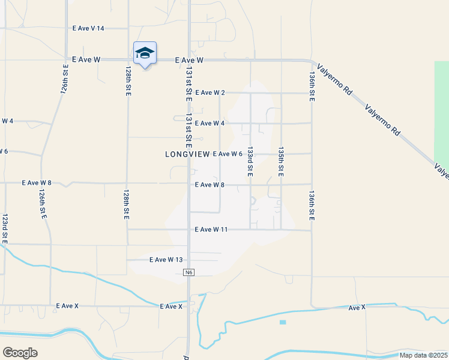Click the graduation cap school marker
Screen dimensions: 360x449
(x=145, y=53)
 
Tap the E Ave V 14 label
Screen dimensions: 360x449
(x=88, y=28)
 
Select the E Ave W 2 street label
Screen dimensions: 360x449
(x=210, y=92)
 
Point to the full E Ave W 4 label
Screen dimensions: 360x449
(x=210, y=123)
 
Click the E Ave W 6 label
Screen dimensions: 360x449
(x=228, y=154)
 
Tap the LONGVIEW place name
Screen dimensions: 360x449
(x=187, y=154)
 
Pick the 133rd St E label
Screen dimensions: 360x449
(x=250, y=161)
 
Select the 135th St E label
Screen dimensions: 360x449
(x=280, y=161)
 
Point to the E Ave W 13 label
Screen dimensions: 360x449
(x=165, y=260)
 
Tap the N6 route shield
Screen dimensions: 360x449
(x=188, y=273)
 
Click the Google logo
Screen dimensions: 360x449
(x=20, y=352)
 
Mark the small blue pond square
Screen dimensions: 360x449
(x=283, y=322)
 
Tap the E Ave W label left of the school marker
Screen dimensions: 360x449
(x=86, y=60)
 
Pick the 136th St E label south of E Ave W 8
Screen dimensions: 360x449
(x=312, y=206)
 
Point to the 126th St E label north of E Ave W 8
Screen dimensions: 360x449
(x=64, y=79)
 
